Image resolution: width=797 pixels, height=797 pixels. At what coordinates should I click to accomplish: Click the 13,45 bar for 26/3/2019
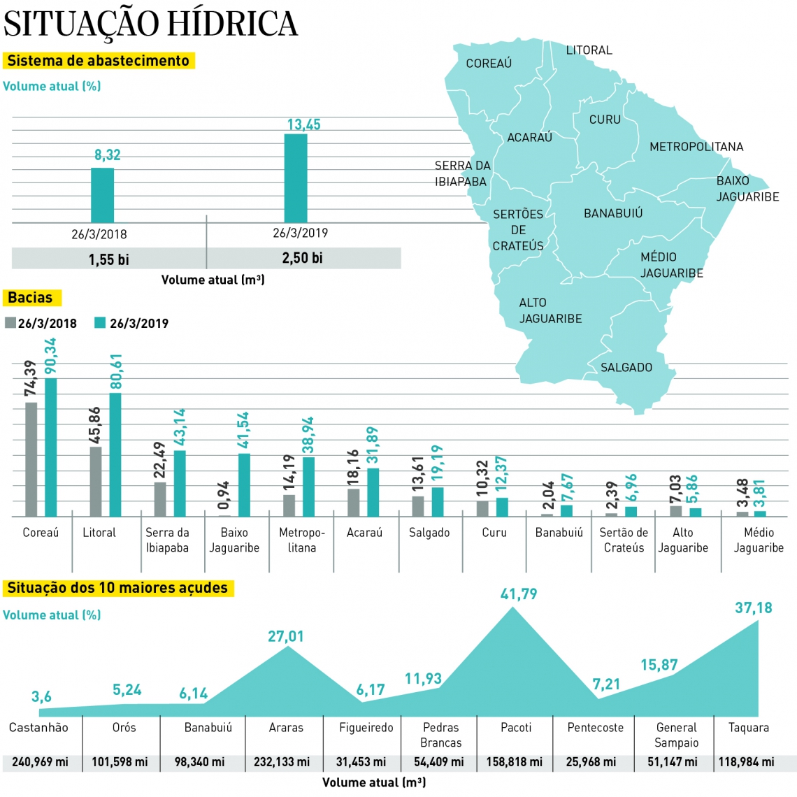point(296,178)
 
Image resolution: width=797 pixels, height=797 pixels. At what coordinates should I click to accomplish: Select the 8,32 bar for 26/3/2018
point(103,195)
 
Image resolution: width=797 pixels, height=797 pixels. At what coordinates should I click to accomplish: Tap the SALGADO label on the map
point(626,368)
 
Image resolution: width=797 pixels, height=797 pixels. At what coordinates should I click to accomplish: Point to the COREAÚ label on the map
point(489,64)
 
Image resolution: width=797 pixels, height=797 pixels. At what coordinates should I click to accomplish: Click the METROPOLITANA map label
point(696,147)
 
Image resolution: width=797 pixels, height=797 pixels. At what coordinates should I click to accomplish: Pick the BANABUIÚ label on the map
point(613,213)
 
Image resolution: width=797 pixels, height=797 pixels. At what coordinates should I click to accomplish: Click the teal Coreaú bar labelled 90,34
point(51,447)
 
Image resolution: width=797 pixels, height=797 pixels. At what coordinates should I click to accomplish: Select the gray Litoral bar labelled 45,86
point(96,481)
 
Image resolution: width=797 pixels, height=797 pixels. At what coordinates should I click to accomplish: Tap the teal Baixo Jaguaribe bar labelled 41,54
point(244,484)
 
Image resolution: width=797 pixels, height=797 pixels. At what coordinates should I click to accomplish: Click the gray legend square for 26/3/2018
point(10,323)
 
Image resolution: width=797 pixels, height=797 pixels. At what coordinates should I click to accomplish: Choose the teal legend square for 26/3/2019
point(100,323)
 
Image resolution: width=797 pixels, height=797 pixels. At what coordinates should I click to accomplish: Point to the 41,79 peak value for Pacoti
point(519,594)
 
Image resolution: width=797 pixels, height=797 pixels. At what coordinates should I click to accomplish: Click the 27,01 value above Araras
point(286,637)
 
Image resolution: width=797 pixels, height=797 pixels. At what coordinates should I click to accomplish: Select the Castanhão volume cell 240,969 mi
point(41,762)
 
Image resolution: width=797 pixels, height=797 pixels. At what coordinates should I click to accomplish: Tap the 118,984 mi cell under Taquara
point(747,762)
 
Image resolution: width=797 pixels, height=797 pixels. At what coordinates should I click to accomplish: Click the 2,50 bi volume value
point(302,258)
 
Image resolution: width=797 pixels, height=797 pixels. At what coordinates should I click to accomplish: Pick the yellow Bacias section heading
point(31,298)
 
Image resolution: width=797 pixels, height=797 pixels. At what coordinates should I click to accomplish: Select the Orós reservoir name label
point(124,728)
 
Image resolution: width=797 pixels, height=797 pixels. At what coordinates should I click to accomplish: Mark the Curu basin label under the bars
point(494,533)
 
